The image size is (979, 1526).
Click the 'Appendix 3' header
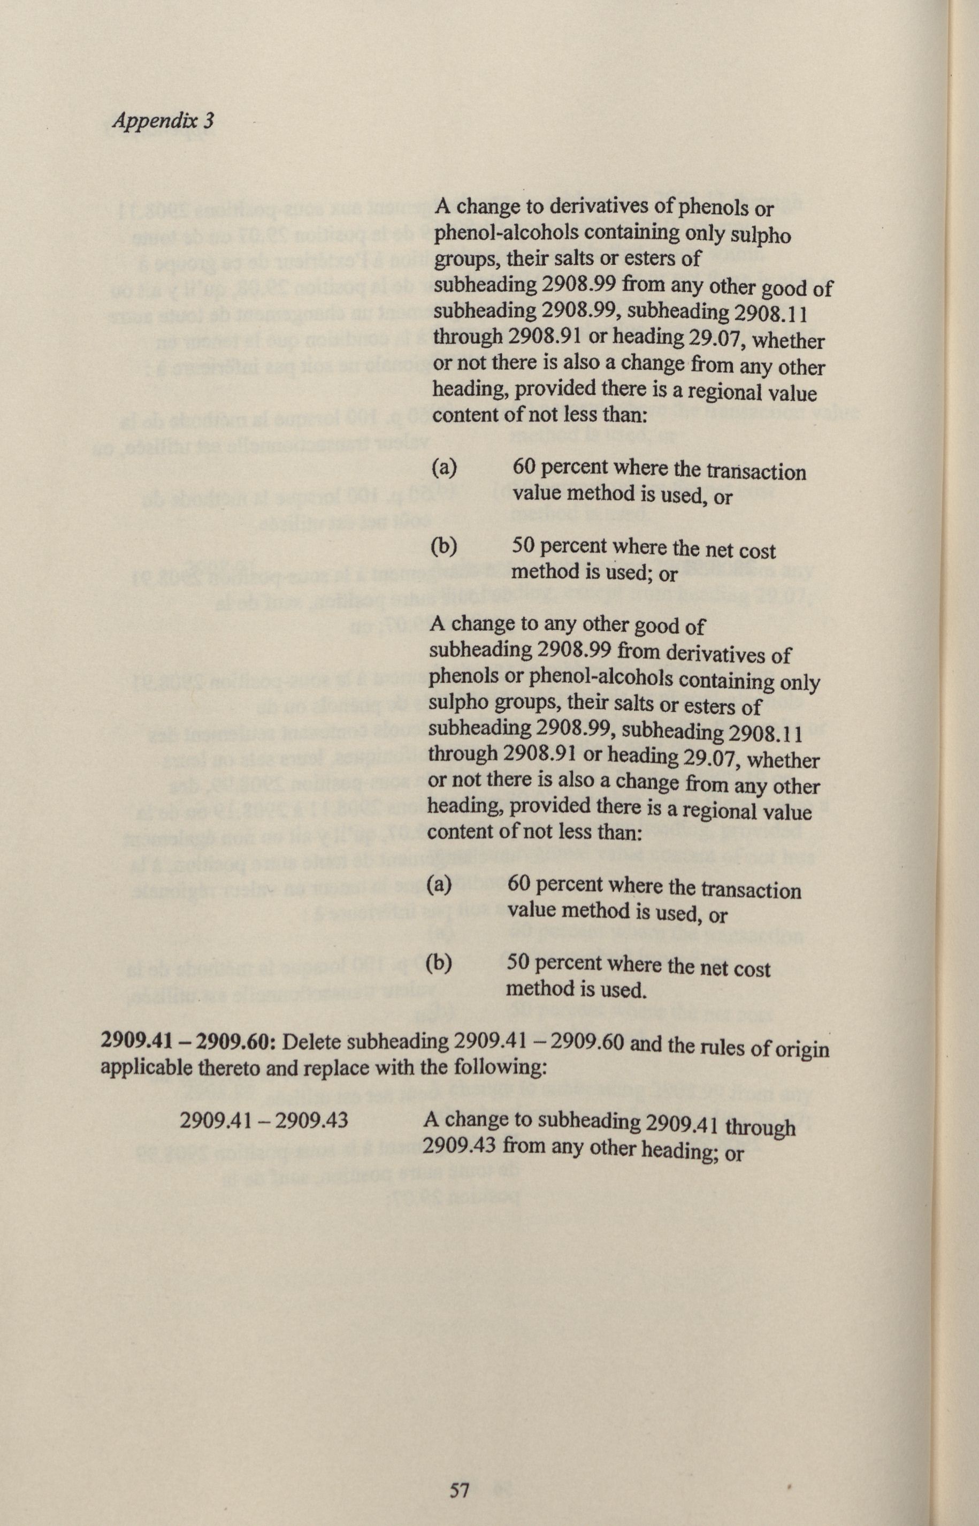coord(162,121)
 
